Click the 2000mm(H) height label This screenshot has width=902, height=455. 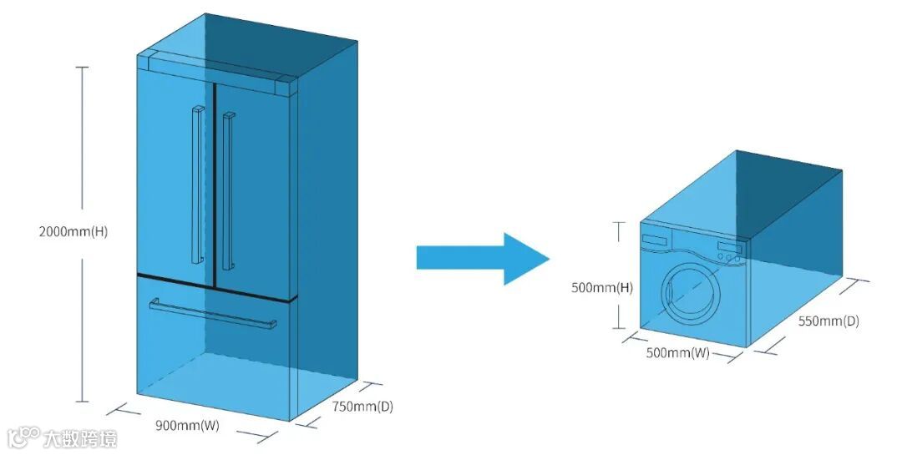[73, 231]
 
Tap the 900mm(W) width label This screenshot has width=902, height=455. [187, 425]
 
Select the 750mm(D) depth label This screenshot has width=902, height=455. [362, 407]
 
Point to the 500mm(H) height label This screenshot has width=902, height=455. [601, 288]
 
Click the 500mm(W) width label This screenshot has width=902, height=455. [677, 353]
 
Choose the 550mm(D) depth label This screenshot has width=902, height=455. [828, 321]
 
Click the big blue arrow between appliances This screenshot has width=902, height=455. [482, 259]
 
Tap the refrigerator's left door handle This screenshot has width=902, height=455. [197, 184]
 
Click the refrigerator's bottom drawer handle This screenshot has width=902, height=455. [213, 313]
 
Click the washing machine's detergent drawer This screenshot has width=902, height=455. [655, 239]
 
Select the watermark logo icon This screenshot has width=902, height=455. [23, 437]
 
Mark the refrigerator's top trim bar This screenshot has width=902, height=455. [215, 69]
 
